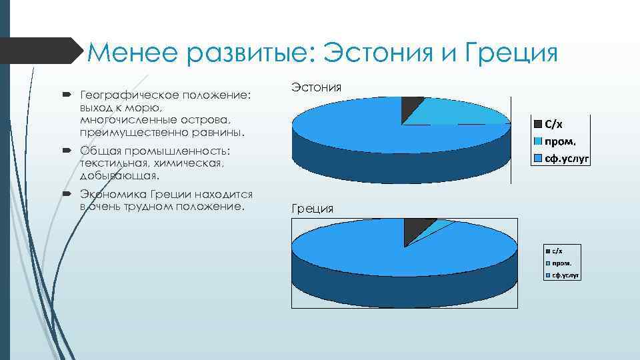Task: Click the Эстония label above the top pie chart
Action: [x=317, y=87]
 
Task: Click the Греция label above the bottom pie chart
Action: [x=312, y=209]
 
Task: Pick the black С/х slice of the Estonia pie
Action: [x=411, y=107]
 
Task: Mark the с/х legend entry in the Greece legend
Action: [x=557, y=251]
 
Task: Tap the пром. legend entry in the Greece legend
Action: [x=560, y=263]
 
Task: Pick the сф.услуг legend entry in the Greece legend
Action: [x=564, y=275]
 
